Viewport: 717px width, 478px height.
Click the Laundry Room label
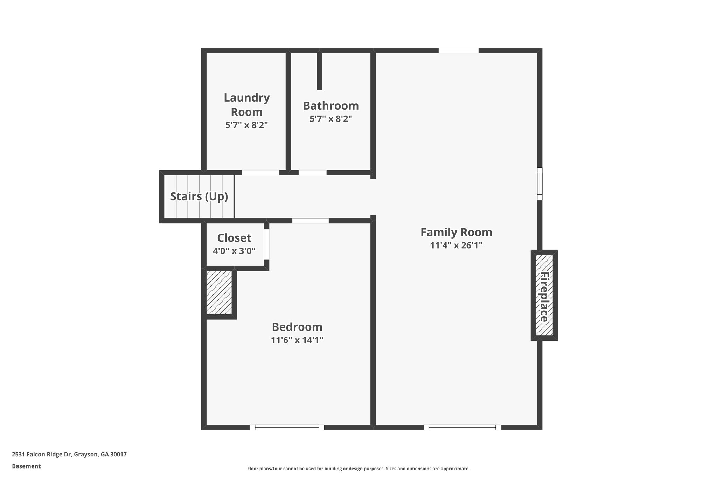point(246,104)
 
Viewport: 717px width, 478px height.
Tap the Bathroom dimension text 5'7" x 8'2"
point(330,119)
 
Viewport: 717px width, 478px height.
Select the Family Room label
point(456,232)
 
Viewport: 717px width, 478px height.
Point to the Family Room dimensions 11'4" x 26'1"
point(456,245)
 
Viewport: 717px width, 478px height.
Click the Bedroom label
point(297,327)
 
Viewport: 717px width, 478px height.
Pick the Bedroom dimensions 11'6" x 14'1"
point(297,340)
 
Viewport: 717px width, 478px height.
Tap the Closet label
point(234,238)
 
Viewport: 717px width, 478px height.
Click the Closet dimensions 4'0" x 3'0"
point(234,251)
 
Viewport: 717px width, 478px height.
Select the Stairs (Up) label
point(199,196)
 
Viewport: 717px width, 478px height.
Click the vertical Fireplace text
point(544,297)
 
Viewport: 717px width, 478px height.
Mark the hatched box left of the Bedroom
point(219,292)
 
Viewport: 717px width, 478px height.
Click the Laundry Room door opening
point(260,172)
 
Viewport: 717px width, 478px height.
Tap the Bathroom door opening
point(312,172)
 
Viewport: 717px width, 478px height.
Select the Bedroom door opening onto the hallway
point(310,221)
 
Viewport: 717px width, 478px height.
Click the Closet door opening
point(266,244)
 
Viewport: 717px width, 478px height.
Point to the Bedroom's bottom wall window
point(287,427)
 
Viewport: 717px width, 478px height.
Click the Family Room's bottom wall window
point(462,427)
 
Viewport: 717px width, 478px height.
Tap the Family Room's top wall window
point(458,50)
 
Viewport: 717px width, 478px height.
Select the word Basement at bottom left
point(26,466)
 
